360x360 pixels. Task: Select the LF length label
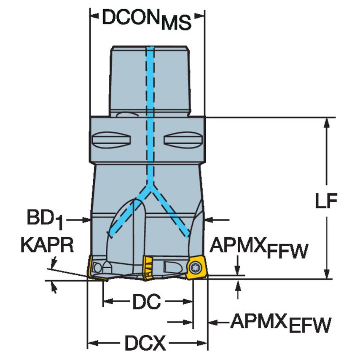pyautogui.click(x=325, y=202)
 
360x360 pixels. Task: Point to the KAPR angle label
pyautogui.click(x=47, y=245)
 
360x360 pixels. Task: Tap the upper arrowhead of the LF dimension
pyautogui.click(x=326, y=122)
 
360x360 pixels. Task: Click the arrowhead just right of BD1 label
pyautogui.click(x=87, y=219)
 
